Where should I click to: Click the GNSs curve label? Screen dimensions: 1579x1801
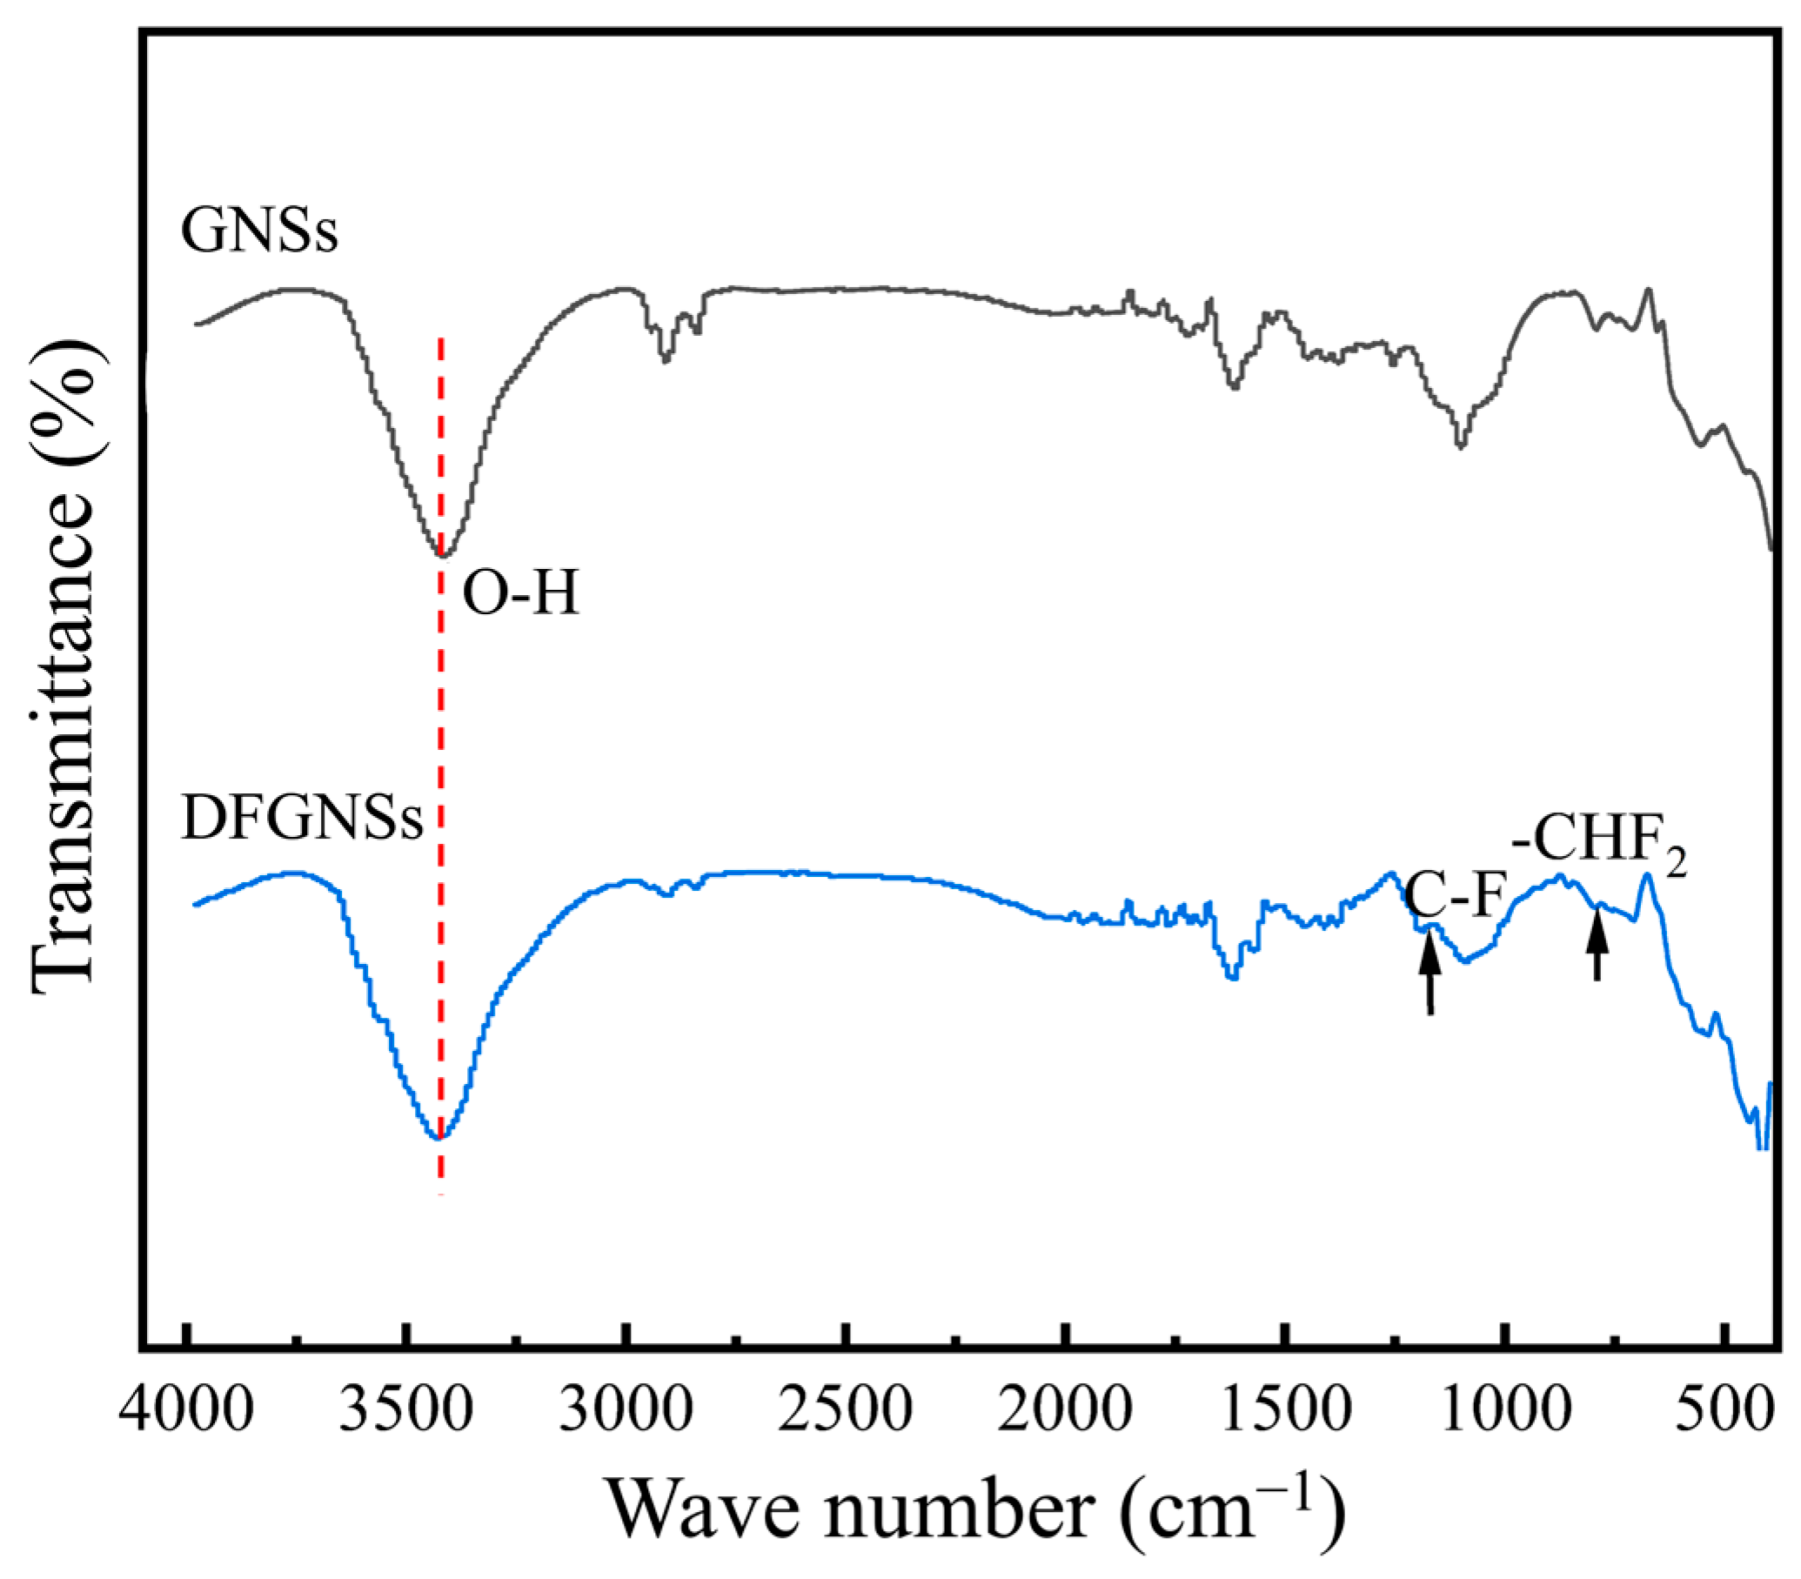coord(259,231)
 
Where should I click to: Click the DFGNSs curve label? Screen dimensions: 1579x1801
coord(302,820)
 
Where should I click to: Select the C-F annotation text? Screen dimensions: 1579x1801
coord(1453,896)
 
